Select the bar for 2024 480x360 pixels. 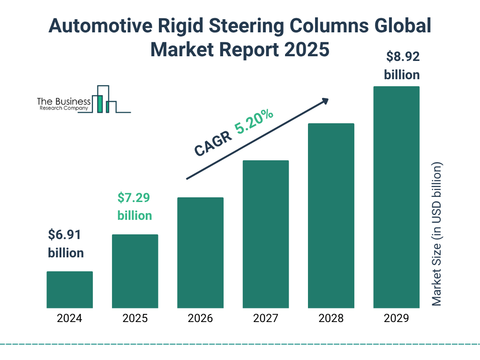pos(69,290)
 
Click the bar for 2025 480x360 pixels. pos(135,271)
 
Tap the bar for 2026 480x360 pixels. pos(200,253)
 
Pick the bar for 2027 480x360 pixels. pos(265,234)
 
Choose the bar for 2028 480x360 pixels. pos(331,216)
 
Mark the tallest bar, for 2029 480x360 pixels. pos(396,197)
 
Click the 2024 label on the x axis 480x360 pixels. pos(69,319)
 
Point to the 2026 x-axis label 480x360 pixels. pos(200,319)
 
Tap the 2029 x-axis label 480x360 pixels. pos(396,319)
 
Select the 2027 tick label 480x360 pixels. pos(265,319)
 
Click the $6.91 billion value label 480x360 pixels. pos(66,244)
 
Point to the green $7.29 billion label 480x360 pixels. pos(135,207)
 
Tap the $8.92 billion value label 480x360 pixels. pos(402,66)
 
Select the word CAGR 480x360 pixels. pos(213,143)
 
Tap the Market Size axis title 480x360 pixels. pos(437,234)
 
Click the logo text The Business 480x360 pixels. pos(64,101)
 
